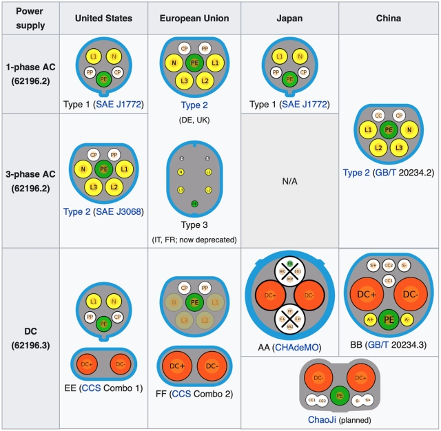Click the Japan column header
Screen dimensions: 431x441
pos(289,19)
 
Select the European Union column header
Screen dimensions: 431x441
pos(194,19)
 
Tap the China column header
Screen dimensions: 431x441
pos(389,19)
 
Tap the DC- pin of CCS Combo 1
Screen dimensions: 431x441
pos(120,363)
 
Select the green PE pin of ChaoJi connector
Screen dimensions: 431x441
pos(338,396)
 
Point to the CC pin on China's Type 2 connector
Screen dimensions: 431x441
pos(378,116)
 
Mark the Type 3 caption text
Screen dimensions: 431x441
pos(194,225)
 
